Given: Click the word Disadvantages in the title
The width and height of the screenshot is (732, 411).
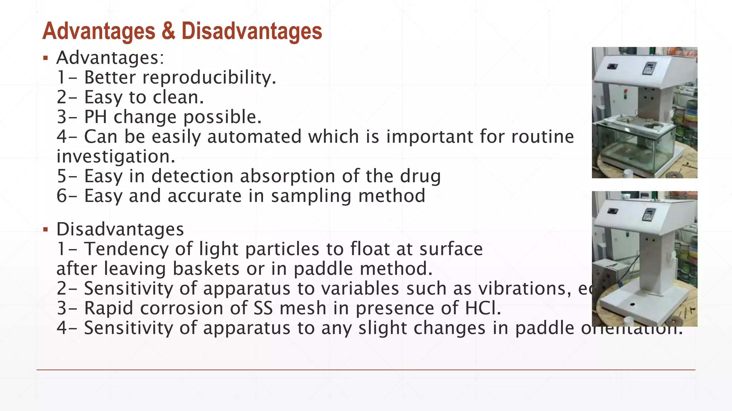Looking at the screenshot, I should click(252, 31).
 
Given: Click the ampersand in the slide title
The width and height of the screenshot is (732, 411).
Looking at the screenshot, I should click(168, 31).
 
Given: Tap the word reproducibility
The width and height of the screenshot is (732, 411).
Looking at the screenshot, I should click(209, 77).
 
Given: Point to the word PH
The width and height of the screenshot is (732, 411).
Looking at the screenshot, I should click(95, 117).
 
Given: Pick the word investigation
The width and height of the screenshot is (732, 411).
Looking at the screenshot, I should click(116, 156).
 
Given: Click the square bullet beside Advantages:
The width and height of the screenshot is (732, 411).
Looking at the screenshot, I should click(45, 58).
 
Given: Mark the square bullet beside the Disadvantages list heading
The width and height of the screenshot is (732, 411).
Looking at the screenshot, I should click(45, 229).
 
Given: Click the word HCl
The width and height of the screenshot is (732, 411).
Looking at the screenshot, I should click(483, 308).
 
